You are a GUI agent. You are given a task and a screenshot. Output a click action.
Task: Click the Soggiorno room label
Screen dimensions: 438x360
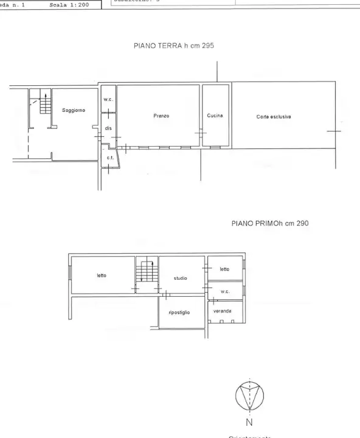[x=74, y=110]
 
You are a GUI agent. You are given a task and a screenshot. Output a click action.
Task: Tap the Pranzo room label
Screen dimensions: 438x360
[x=161, y=115]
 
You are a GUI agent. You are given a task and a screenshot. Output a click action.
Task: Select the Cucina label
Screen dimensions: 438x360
[x=215, y=116]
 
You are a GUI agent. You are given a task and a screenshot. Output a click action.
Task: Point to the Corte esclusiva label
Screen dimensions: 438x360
[x=274, y=116]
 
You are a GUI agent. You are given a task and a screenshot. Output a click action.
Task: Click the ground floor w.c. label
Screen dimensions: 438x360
[x=108, y=99]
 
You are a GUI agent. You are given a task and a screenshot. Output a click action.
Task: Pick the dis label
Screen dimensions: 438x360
[x=108, y=128]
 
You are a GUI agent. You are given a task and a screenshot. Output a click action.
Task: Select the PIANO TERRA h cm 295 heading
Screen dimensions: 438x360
[x=174, y=46]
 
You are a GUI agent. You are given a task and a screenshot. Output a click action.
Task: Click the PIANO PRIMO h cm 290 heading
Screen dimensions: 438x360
[x=270, y=223]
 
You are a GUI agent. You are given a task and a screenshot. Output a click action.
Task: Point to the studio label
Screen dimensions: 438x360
[x=180, y=278]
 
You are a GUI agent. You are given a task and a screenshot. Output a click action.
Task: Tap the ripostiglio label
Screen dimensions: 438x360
[x=179, y=312]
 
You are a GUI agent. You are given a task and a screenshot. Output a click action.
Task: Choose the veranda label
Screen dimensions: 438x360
[x=222, y=310]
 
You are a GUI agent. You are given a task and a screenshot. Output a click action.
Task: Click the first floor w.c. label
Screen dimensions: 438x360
[x=224, y=291]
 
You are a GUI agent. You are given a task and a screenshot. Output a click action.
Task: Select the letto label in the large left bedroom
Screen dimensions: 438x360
[x=102, y=275]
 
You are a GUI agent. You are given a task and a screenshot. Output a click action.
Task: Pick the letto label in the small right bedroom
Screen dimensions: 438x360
[x=224, y=269]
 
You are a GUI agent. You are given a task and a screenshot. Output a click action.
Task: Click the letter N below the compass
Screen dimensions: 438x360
[x=249, y=422]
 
